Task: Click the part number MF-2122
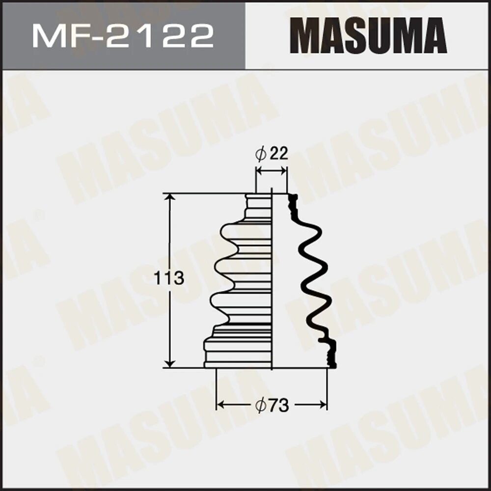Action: pos(123,36)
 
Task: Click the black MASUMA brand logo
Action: pos(368,36)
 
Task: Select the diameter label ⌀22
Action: pos(272,154)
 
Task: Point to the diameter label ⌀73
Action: pos(272,405)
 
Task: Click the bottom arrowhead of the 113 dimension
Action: pos(169,363)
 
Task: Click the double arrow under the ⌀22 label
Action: pos(272,170)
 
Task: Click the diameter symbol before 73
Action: pos(260,406)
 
